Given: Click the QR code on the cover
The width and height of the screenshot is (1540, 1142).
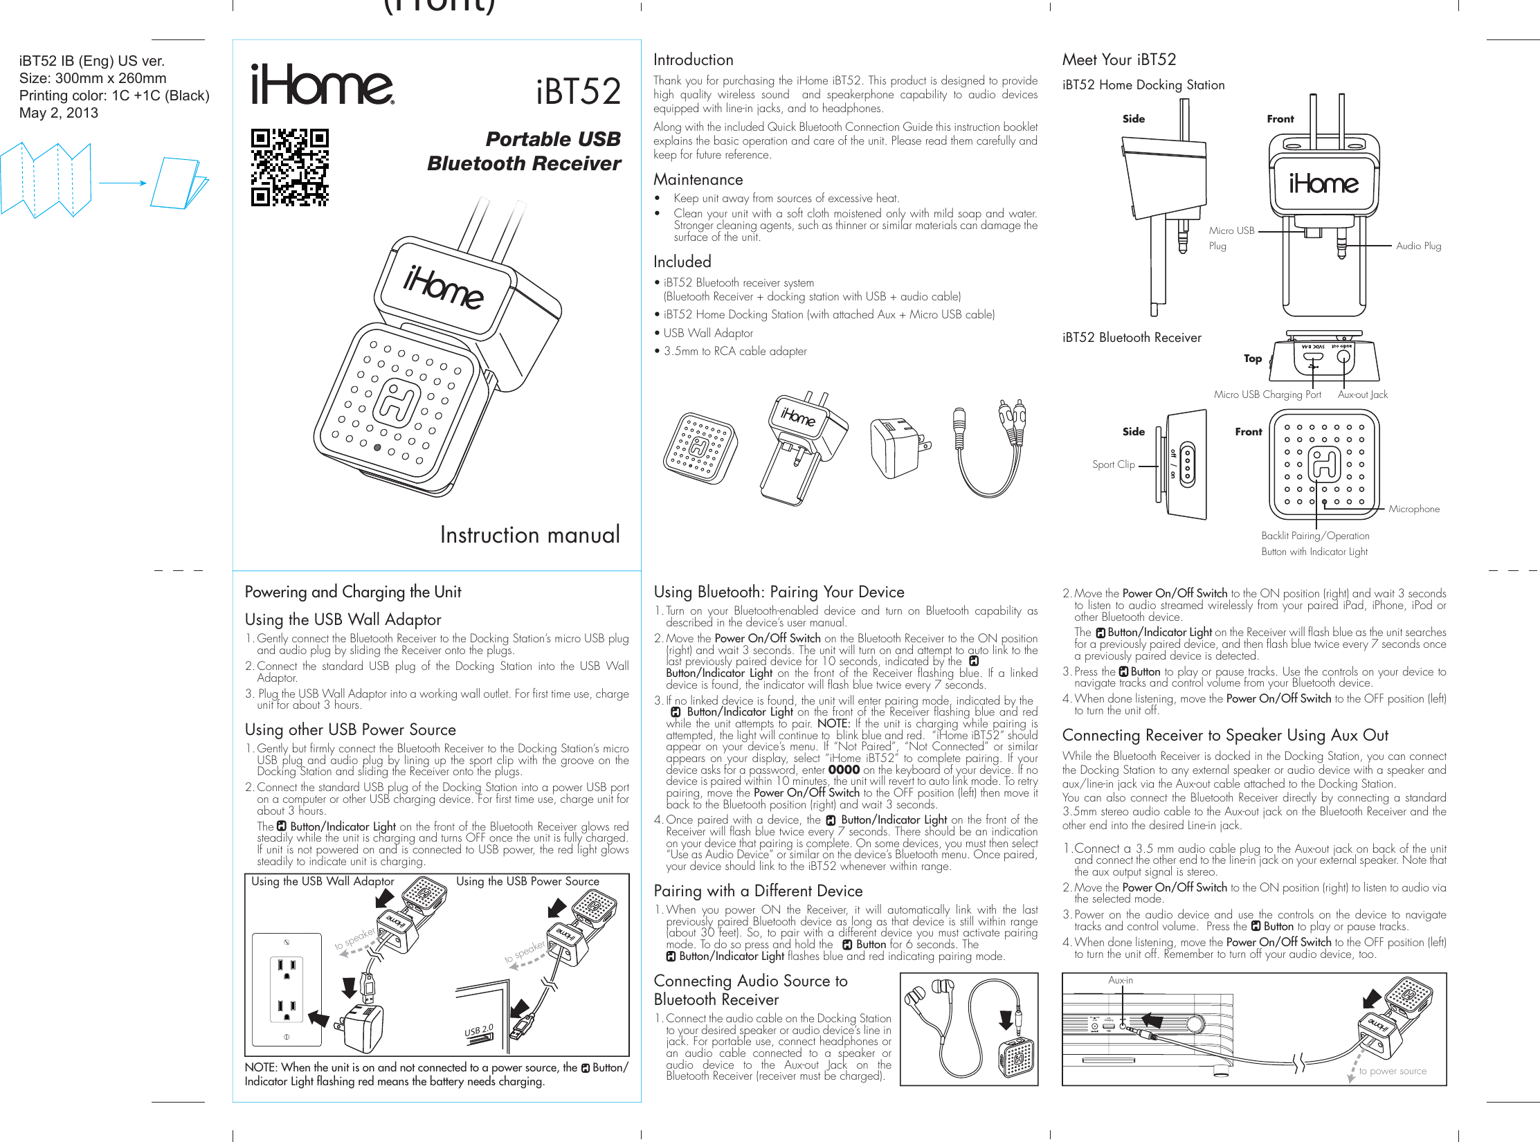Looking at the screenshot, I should pos(289,167).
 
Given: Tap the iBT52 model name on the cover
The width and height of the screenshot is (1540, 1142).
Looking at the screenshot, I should pos(579,92).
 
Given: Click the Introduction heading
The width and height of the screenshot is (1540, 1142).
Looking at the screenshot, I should pos(693,60).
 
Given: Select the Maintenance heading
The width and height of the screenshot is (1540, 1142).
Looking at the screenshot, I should pos(698,180).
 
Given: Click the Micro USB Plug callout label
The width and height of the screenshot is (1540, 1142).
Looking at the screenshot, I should pos(1231,237).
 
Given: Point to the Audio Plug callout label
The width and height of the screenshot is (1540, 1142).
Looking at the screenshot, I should pos(1418,246).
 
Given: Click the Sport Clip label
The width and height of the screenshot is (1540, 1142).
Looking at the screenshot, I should pos(1113,464).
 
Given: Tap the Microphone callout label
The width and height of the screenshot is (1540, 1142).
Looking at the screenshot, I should pos(1413,509).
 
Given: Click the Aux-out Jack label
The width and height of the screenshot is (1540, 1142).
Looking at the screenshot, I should pos(1362,395).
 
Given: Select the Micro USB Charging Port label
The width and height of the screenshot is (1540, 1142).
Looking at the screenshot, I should pos(1267,395).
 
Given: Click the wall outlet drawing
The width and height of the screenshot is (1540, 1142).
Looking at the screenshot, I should pos(287,990).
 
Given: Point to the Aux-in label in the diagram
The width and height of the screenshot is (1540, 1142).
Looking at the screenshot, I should pos(1120,980).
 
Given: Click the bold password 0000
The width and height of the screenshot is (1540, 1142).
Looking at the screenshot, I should pos(843,770).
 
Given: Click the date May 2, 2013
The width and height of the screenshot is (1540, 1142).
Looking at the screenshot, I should pos(59,113).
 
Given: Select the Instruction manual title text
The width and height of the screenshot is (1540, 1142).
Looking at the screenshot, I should pos(529,535).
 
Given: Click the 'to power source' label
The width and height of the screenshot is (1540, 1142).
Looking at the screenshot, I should pos(1392,1071).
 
